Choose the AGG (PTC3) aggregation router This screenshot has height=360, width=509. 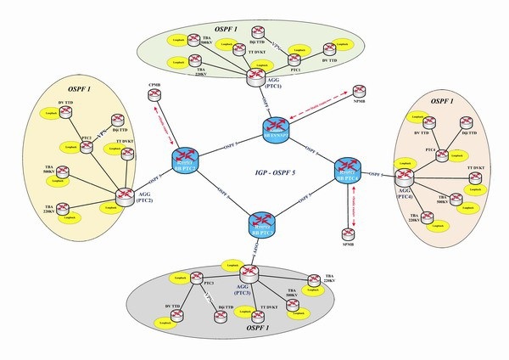[250, 274]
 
